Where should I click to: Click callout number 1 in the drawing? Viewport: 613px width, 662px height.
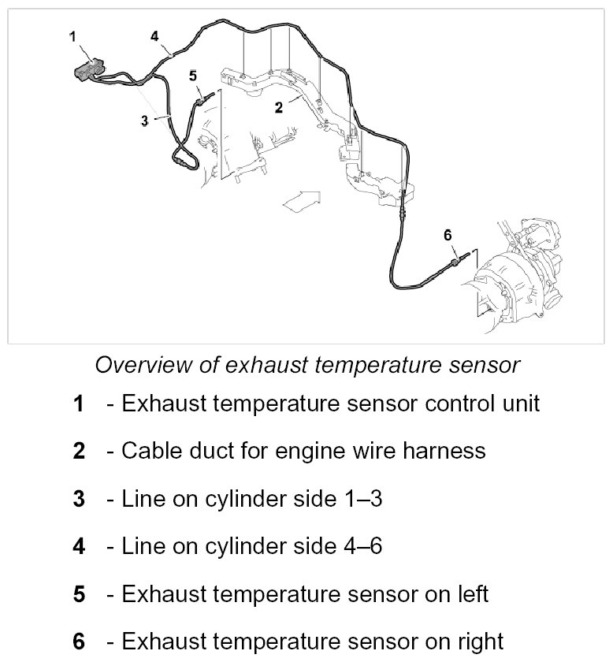(72, 35)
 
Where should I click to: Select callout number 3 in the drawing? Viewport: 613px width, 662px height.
(144, 121)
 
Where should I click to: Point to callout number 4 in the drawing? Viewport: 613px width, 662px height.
(154, 35)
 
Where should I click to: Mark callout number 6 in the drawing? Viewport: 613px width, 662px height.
(448, 234)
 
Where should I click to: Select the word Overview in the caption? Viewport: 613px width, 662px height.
(139, 365)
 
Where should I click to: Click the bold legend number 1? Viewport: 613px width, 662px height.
(78, 404)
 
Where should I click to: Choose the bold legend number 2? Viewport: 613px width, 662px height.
(78, 452)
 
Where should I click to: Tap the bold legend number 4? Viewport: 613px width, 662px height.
(78, 546)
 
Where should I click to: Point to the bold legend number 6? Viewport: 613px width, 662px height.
(78, 641)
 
